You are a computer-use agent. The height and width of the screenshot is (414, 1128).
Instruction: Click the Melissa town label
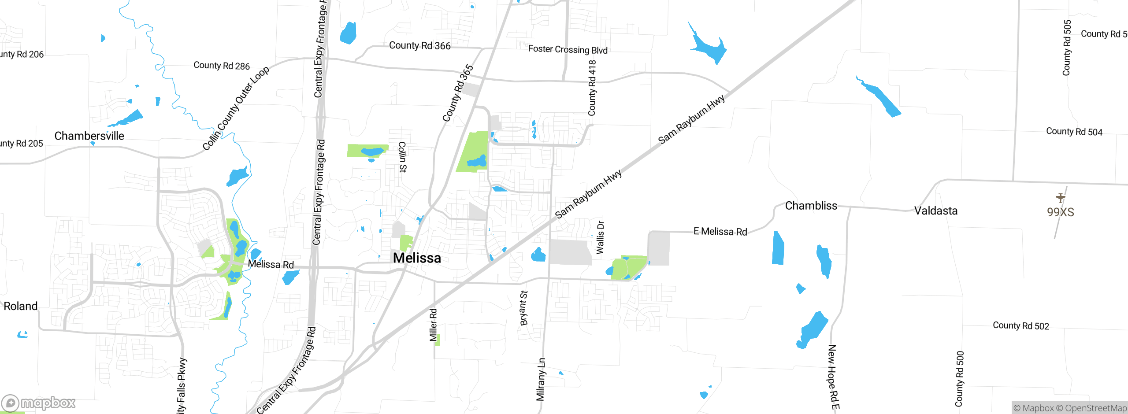click(x=417, y=258)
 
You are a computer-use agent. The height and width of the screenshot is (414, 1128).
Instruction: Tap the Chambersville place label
click(x=89, y=136)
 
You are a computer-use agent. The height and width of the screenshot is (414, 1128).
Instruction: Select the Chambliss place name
click(x=811, y=206)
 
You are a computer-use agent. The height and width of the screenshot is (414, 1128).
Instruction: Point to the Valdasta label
click(x=935, y=211)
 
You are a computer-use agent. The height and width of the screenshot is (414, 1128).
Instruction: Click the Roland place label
click(x=21, y=306)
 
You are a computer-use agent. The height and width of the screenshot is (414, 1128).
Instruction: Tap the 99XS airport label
click(x=1060, y=212)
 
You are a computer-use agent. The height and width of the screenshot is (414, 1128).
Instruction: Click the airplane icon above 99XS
click(x=1060, y=198)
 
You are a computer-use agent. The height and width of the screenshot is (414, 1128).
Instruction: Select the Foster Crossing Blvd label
click(x=568, y=50)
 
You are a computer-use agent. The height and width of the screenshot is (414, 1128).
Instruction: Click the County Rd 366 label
click(x=419, y=46)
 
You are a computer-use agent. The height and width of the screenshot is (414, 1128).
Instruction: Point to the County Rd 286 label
click(x=222, y=66)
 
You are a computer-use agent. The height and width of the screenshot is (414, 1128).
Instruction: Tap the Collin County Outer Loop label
click(x=236, y=108)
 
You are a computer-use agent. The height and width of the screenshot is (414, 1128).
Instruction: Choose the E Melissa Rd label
click(x=720, y=232)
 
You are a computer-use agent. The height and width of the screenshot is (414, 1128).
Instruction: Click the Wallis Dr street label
click(x=600, y=237)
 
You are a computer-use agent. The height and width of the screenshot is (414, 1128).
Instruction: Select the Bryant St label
click(x=523, y=308)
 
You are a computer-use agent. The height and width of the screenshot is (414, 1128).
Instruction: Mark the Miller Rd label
click(x=434, y=325)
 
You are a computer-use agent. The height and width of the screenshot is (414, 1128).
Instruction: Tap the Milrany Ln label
click(x=541, y=379)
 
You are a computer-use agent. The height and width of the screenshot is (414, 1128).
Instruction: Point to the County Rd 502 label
click(x=1020, y=326)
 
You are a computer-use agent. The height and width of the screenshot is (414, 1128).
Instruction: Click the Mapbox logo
click(x=39, y=403)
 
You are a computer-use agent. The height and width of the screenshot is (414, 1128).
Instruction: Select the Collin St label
click(x=402, y=157)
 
